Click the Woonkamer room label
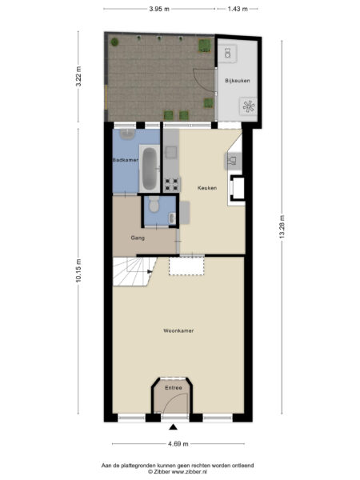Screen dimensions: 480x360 (178, 330)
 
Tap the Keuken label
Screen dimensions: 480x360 (207, 187)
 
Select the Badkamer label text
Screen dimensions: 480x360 (126, 160)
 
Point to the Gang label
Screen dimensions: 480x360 (137, 238)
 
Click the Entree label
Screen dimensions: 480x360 (173, 388)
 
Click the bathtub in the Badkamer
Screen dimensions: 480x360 (150, 168)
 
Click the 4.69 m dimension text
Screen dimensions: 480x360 (178, 444)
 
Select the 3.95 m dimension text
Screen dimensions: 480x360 (159, 9)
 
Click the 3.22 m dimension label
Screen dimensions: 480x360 (78, 81)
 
